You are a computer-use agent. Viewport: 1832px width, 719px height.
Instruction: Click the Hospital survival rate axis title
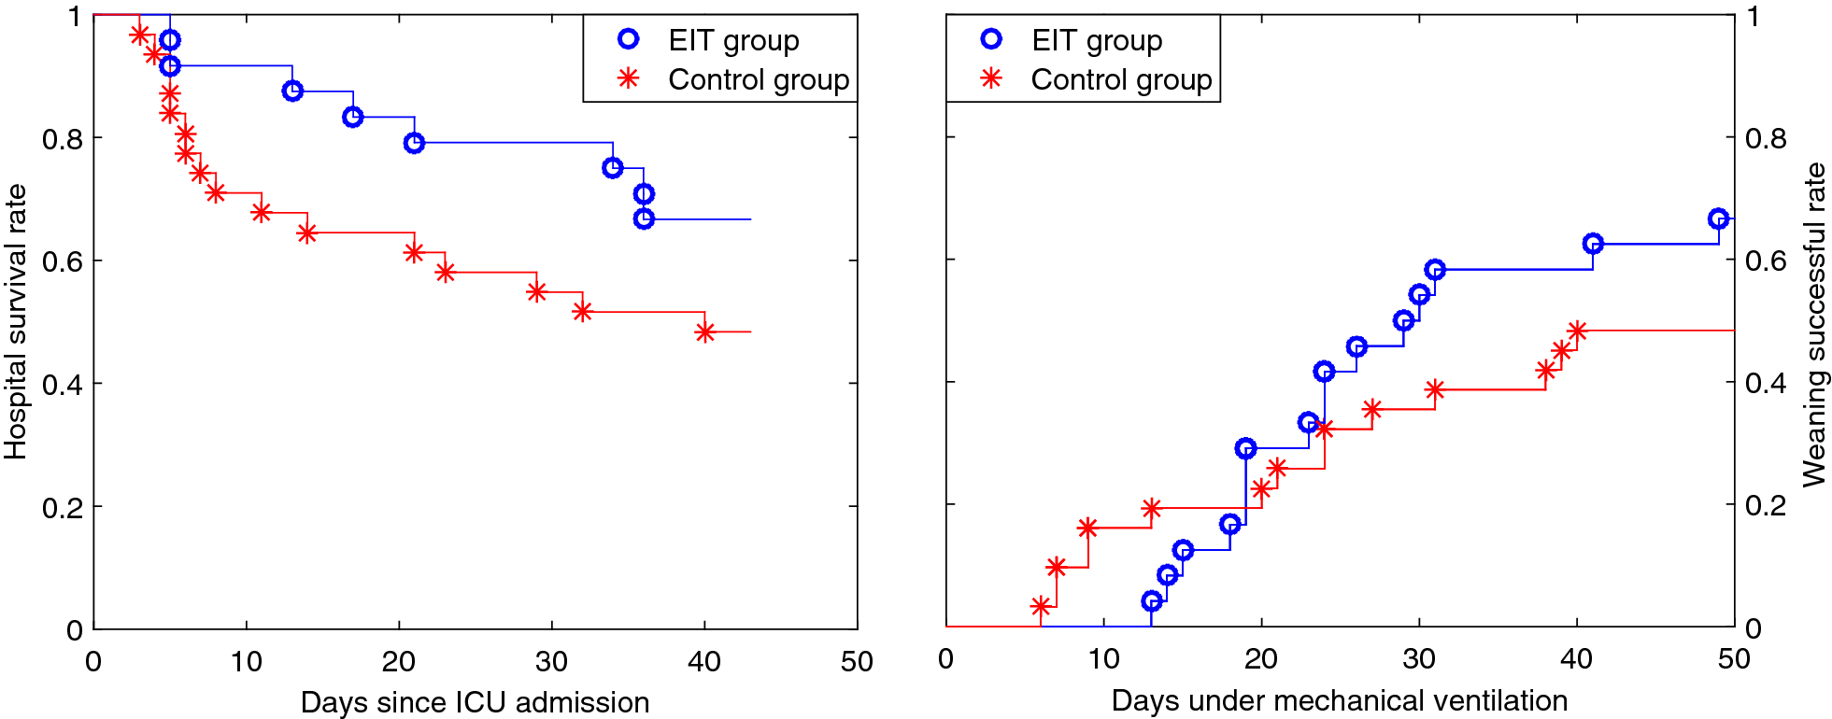click(16, 321)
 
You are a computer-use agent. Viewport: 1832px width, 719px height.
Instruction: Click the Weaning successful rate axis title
click(1813, 325)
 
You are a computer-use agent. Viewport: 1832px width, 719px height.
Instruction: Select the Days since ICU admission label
click(475, 702)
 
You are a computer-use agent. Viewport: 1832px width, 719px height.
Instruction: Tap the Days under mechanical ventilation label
click(1339, 700)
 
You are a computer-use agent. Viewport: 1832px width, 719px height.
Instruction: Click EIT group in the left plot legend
click(733, 40)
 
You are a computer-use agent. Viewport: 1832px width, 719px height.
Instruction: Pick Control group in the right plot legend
click(1121, 80)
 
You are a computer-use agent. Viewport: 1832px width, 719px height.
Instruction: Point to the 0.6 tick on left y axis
click(62, 261)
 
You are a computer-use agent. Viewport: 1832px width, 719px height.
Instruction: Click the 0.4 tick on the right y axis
click(1765, 383)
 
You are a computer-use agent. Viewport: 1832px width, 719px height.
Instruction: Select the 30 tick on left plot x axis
click(551, 661)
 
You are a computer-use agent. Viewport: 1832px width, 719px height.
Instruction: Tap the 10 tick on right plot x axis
click(1103, 658)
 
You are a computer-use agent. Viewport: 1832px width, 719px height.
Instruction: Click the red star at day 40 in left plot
click(704, 331)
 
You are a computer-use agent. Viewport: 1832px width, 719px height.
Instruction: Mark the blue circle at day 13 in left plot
click(292, 91)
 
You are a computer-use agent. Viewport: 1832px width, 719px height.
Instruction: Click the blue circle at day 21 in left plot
click(414, 143)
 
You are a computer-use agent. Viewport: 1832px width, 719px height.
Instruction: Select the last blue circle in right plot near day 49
click(1717, 219)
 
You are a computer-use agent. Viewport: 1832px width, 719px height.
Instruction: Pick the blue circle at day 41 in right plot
click(1593, 244)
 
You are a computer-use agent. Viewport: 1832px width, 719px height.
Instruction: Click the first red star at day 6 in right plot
click(1040, 606)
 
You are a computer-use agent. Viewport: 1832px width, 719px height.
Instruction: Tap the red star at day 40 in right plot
click(1577, 331)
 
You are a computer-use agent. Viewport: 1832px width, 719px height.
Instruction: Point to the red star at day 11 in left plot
click(261, 212)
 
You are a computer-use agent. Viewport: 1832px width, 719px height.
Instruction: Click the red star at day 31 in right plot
click(1435, 389)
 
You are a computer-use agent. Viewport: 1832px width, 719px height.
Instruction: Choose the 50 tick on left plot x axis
click(857, 661)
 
